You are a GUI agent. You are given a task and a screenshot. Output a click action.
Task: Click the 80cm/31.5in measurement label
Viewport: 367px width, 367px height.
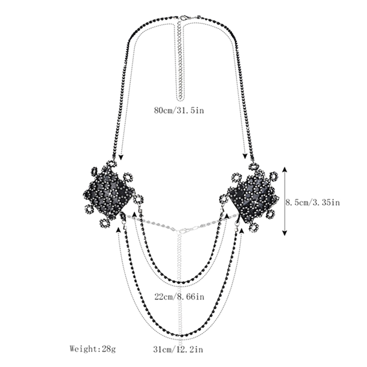pyautogui.click(x=179, y=110)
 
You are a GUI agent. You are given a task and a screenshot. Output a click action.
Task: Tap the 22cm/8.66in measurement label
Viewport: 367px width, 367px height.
pyautogui.click(x=179, y=296)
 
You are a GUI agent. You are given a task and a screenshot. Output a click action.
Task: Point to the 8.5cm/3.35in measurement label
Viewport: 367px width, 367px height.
pyautogui.click(x=313, y=202)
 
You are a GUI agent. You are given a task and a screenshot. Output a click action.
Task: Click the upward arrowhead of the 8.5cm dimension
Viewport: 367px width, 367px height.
pyautogui.click(x=284, y=169)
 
